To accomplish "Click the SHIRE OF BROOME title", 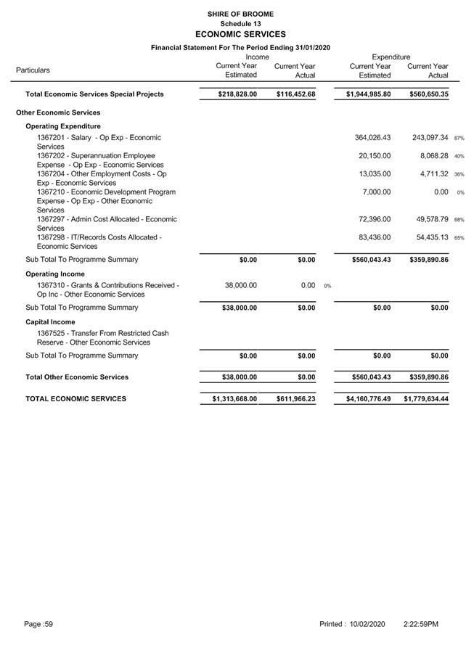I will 240,14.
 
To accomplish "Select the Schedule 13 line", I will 240,24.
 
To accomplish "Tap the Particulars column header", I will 33,70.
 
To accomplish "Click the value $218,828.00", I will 237,94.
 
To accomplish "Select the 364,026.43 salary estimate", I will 372,138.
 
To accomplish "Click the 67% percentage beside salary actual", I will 459,138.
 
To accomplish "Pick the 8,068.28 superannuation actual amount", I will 430,156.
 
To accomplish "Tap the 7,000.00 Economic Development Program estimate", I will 377,192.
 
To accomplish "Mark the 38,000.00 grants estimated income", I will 240,286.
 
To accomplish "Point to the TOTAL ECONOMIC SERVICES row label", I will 75,399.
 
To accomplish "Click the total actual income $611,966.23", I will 295,399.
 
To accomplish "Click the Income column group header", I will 257,57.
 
